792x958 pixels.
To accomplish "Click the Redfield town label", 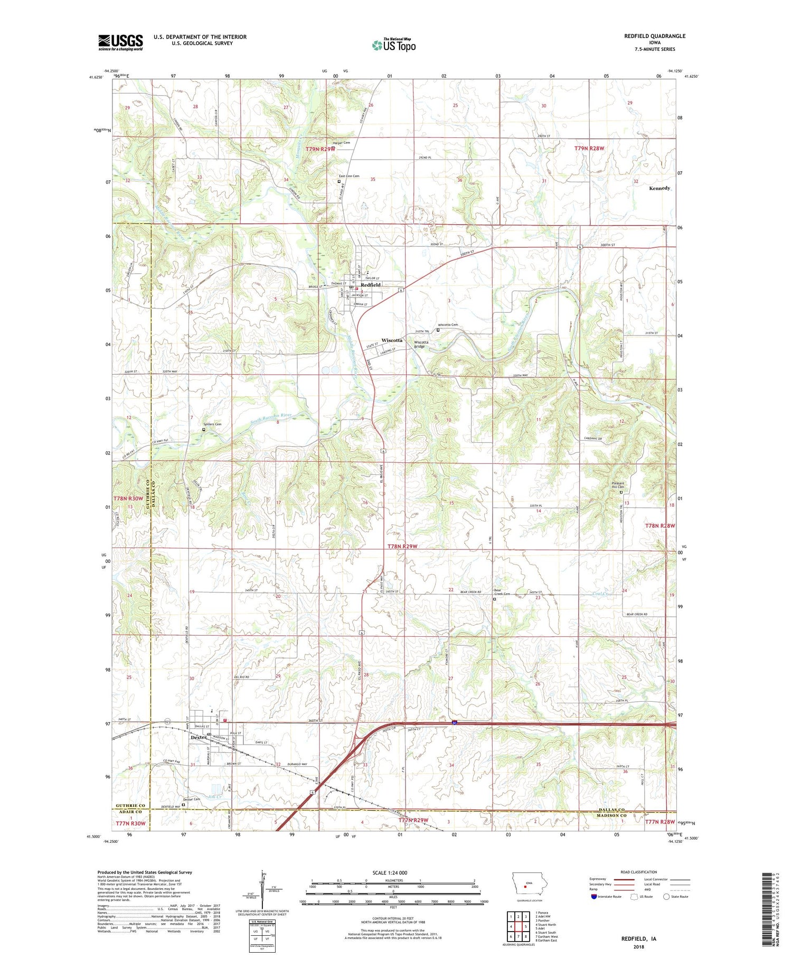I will point(371,285).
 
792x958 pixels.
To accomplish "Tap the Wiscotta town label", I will point(392,340).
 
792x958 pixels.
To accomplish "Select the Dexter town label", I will point(199,737).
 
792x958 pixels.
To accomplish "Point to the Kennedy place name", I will point(659,188).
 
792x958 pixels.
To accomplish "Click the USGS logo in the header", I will point(120,42).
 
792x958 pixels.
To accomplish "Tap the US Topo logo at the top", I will point(394,45).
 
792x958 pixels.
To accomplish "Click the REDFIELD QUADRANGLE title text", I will point(655,36).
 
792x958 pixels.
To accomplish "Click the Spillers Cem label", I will point(213,424).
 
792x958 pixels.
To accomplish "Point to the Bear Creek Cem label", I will point(501,592).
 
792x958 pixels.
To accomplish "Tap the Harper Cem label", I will point(341,143).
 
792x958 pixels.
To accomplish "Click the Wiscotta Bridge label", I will point(421,344).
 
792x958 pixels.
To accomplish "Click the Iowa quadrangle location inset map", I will point(525,886).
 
